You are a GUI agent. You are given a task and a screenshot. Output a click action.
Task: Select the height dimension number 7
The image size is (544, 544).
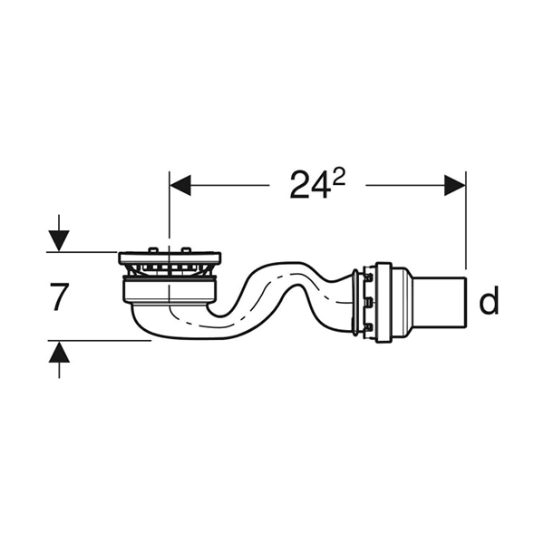tap(58, 296)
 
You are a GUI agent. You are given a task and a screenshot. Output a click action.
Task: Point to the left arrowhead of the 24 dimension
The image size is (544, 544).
tap(180, 185)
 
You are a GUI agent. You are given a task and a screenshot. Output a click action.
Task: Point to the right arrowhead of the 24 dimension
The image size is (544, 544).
tap(455, 185)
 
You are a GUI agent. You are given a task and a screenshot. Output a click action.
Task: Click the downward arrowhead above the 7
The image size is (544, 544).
tap(59, 241)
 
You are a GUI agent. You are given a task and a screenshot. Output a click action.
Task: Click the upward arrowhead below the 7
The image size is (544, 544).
tap(59, 352)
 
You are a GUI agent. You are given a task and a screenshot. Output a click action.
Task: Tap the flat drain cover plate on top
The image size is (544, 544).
tap(170, 257)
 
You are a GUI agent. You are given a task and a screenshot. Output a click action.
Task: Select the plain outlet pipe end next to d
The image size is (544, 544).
tap(439, 302)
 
